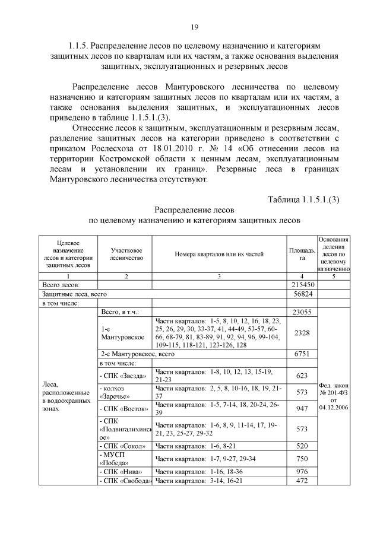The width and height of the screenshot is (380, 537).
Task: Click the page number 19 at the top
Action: click(194, 27)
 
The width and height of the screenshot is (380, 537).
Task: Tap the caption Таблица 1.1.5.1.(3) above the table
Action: click(303, 198)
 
